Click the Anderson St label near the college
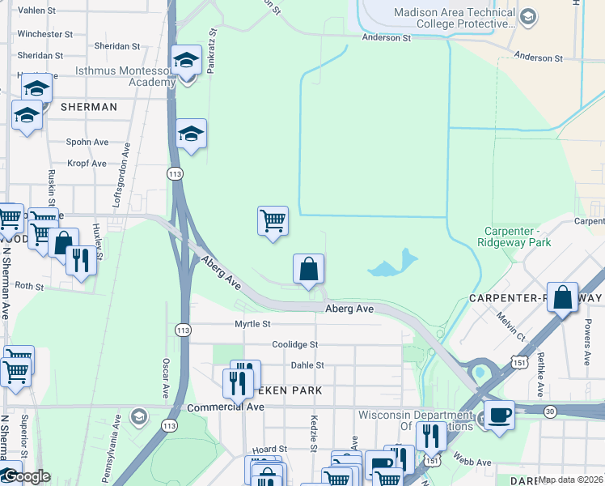[387, 38]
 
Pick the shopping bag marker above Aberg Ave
[308, 270]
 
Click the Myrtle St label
[252, 324]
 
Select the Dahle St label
[307, 366]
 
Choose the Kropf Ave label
[87, 164]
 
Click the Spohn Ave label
[87, 143]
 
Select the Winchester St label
[45, 35]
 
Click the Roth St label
[28, 286]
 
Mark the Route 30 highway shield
[550, 411]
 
